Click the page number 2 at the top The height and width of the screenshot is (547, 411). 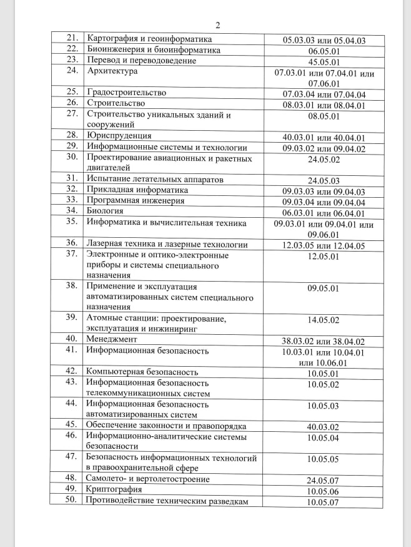[217, 26]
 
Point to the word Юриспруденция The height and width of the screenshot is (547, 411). [119, 136]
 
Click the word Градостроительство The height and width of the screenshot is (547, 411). [126, 93]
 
